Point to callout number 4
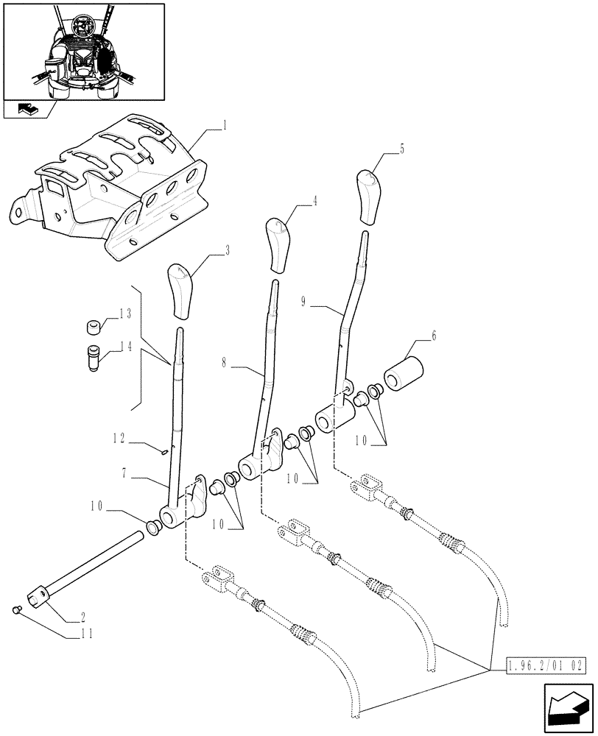315,199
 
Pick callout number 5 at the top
402,149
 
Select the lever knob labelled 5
368,195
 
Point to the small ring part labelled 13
93,326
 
